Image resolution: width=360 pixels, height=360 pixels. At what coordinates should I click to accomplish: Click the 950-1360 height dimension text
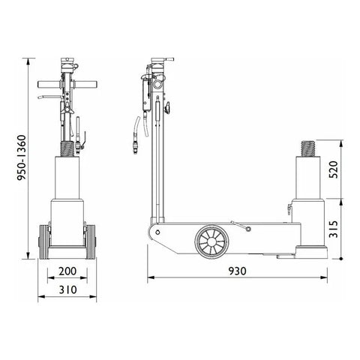(21, 157)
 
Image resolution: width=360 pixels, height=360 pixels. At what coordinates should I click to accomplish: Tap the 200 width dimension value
(67, 271)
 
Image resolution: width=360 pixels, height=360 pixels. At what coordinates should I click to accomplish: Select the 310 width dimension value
(67, 289)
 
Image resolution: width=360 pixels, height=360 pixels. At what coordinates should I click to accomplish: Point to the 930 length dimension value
(237, 271)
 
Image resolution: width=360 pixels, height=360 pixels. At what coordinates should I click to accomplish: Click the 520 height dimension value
(333, 169)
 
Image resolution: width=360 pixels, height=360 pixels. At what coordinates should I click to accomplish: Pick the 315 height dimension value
(333, 229)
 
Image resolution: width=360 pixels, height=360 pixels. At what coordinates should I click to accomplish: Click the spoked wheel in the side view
(211, 241)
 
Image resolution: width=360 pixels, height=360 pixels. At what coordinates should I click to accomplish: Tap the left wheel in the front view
(44, 242)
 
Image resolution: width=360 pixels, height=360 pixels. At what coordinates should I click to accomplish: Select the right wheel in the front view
(90, 242)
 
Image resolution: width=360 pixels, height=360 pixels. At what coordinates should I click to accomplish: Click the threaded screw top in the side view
(307, 148)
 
